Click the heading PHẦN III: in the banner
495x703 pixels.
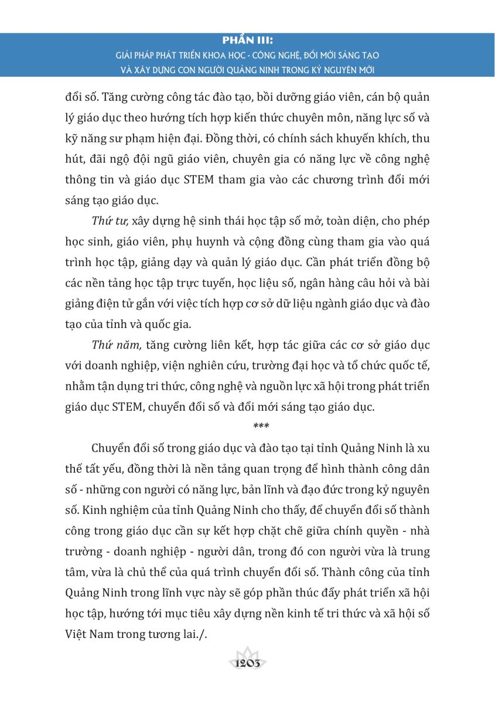pos(248,40)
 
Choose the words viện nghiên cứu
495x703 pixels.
pos(193,365)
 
